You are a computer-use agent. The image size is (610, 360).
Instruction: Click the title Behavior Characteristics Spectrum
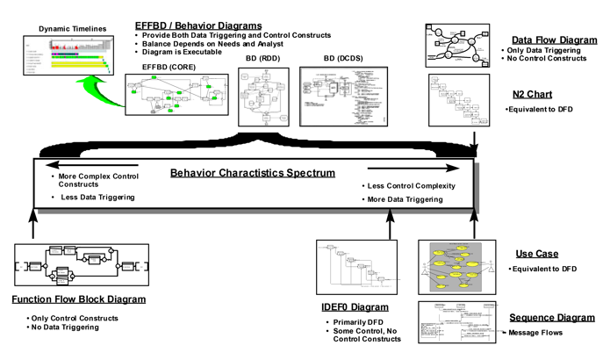(253, 173)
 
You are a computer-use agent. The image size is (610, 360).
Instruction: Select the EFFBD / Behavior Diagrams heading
(198, 25)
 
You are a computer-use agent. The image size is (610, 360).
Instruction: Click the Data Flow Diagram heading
(555, 40)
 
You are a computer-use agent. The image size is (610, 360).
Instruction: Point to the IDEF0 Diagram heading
(355, 307)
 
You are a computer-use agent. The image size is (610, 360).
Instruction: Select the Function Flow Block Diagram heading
(79, 299)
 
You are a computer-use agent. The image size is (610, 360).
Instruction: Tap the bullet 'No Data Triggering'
(66, 328)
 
